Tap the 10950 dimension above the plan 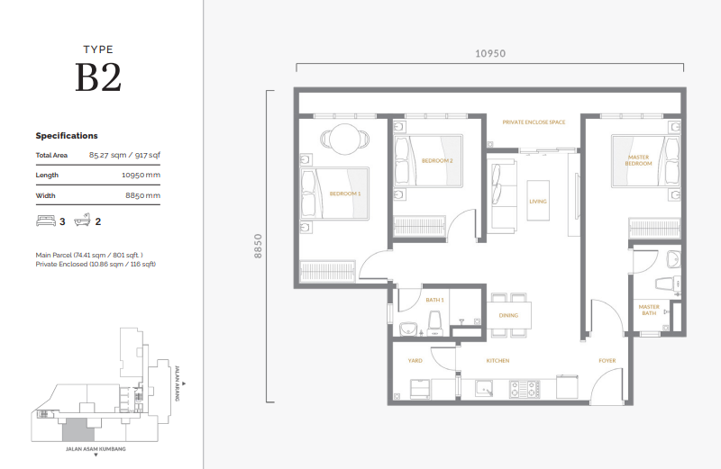pos(490,53)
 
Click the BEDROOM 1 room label pos(344,194)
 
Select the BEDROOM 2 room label pos(436,161)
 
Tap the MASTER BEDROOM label pos(638,161)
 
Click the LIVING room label pos(538,202)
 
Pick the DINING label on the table pos(508,315)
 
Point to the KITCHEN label pos(497,360)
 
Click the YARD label pos(415,360)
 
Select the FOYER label pos(607,360)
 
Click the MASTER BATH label pos(649,310)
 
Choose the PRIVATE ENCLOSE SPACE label pos(534,122)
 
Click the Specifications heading pos(67,136)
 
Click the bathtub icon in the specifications pos(84,221)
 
